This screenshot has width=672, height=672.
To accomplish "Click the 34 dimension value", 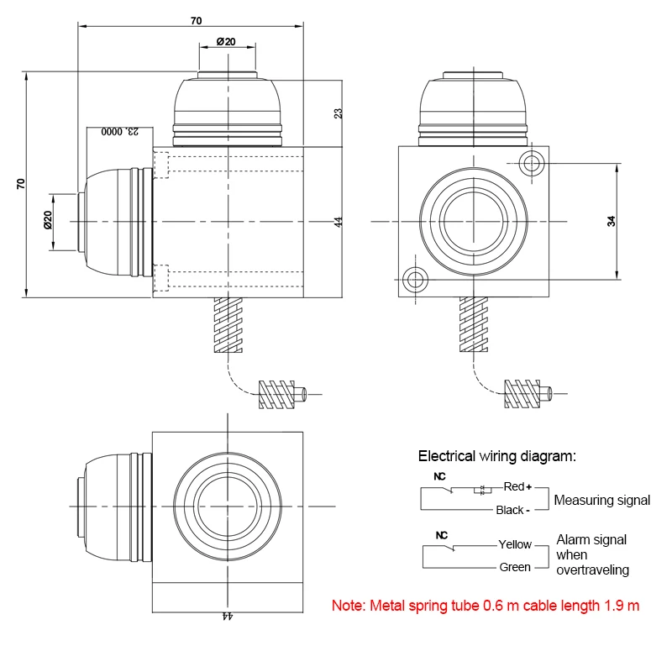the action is pyautogui.click(x=612, y=221).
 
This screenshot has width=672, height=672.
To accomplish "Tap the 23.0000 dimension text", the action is pyautogui.click(x=120, y=131).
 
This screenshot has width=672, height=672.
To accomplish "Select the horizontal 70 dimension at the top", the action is pyautogui.click(x=197, y=20).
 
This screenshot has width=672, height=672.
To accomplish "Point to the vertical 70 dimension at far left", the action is pyautogui.click(x=20, y=184).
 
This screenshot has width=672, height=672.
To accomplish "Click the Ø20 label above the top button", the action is pyautogui.click(x=226, y=41).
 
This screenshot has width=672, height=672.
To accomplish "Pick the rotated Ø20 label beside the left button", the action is pyautogui.click(x=48, y=219).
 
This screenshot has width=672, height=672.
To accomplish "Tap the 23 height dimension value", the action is pyautogui.click(x=339, y=113).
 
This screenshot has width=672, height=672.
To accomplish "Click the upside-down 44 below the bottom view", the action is pyautogui.click(x=227, y=616).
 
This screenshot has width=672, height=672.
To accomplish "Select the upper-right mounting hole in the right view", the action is pyautogui.click(x=532, y=163).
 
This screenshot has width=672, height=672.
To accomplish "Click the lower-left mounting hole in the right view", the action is pyautogui.click(x=415, y=280).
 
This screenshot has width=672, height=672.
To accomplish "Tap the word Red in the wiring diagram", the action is pyautogui.click(x=514, y=486).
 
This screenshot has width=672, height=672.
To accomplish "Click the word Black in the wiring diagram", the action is pyautogui.click(x=510, y=510).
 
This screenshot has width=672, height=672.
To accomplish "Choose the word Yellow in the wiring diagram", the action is pyautogui.click(x=515, y=544).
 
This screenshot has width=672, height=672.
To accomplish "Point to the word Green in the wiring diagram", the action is pyautogui.click(x=515, y=567).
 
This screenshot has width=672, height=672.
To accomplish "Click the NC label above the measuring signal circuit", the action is pyautogui.click(x=439, y=476).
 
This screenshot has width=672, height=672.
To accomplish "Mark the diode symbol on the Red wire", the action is pyautogui.click(x=482, y=491).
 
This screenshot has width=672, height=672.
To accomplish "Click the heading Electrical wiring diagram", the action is pyautogui.click(x=497, y=456).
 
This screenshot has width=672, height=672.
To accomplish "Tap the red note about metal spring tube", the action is pyautogui.click(x=486, y=606).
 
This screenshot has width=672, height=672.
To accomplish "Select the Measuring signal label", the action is pyautogui.click(x=601, y=500).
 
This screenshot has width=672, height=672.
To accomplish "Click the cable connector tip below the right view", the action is pyautogui.click(x=548, y=393).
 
